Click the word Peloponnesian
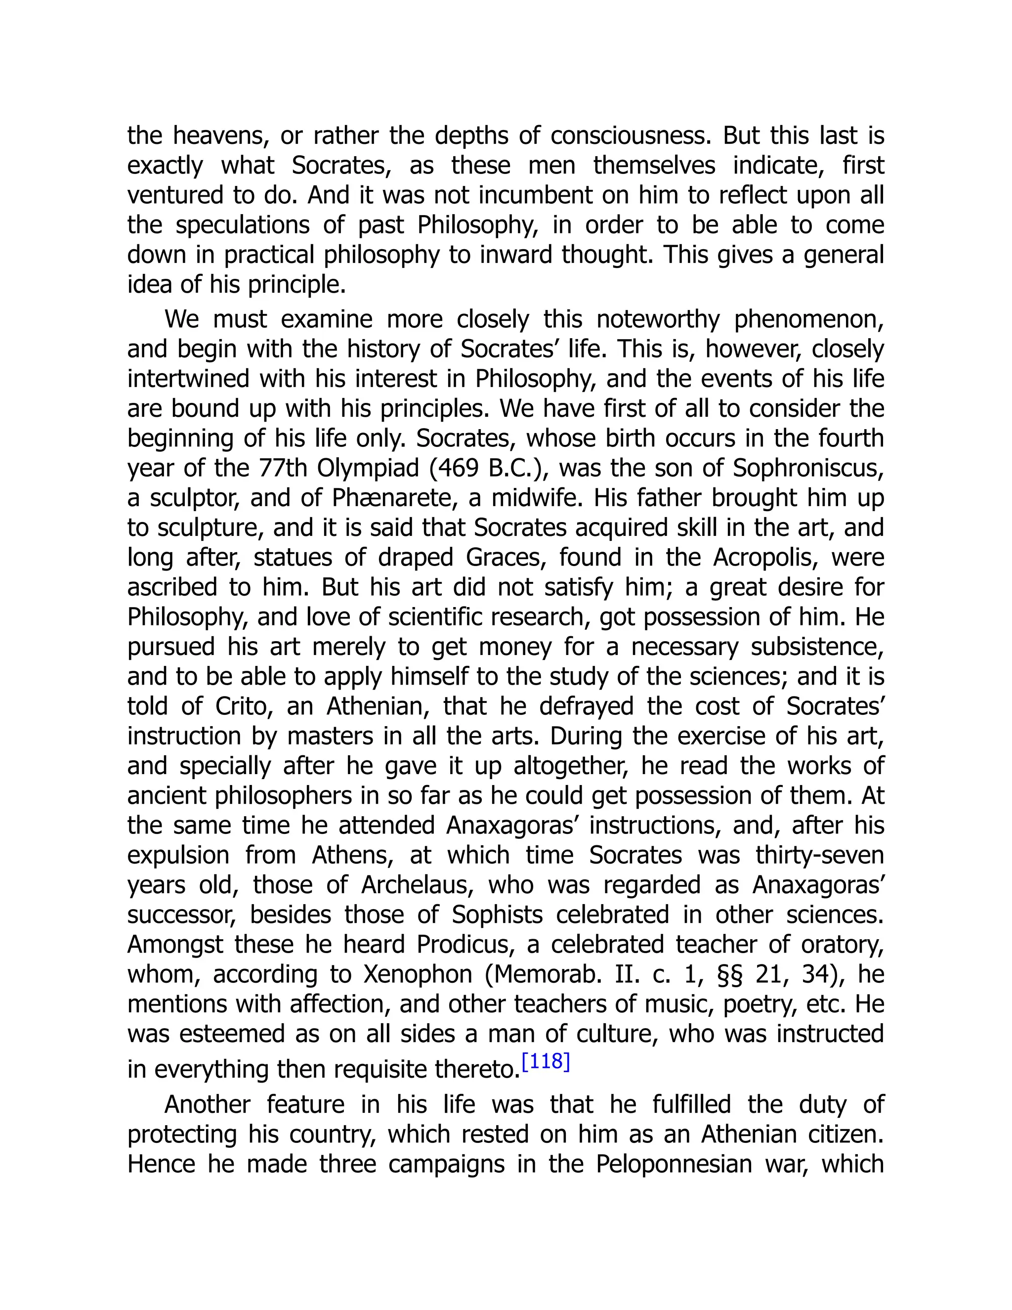(x=674, y=1164)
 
